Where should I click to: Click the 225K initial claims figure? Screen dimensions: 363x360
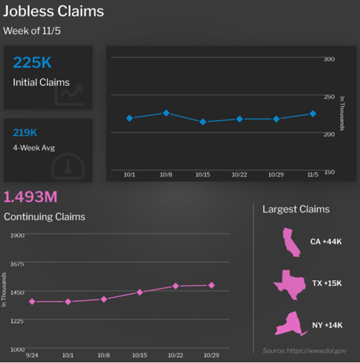[32, 63]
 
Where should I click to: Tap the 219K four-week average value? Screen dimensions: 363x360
[25, 133]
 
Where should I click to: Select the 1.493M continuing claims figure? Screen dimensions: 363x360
[30, 197]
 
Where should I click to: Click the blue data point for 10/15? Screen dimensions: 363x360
[203, 122]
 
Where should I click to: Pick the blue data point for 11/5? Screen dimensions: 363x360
[312, 113]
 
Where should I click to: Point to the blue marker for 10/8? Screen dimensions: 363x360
[166, 113]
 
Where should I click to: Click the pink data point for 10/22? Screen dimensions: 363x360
[175, 286]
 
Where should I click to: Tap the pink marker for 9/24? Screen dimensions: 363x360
[32, 302]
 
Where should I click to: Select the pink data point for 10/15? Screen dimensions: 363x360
[139, 292]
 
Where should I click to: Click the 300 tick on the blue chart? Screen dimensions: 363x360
[329, 59]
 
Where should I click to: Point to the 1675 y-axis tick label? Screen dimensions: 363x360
[17, 263]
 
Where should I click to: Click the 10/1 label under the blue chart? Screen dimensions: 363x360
[129, 175]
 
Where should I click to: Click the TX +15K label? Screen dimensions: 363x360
[327, 284]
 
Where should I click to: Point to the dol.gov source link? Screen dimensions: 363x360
[304, 351]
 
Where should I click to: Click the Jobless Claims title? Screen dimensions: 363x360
[54, 11]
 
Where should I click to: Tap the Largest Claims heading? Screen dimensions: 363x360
[296, 209]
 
